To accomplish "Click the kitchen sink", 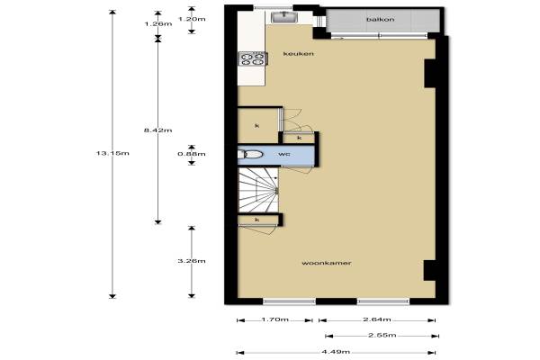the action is (x=283, y=17).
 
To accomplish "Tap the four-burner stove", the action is (x=253, y=58).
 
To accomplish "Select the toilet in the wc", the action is (x=251, y=154).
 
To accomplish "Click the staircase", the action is (x=258, y=191).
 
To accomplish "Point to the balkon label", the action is (x=380, y=20).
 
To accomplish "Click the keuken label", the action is (x=298, y=54).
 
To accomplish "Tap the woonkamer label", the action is (x=327, y=263).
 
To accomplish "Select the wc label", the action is (x=284, y=154).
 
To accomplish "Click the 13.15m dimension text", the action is (x=112, y=153).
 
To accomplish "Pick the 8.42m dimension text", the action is (x=158, y=130).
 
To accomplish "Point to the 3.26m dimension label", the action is (x=192, y=261).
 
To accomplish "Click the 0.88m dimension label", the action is (x=192, y=154).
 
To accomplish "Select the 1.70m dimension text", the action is (x=274, y=319).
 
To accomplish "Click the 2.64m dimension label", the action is (x=377, y=319).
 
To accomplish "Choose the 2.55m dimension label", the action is (x=382, y=335).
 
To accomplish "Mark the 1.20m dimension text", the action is (x=192, y=19).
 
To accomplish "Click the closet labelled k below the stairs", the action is (x=258, y=220).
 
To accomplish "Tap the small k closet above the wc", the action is (x=299, y=138).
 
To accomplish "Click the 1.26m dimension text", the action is (x=158, y=23).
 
